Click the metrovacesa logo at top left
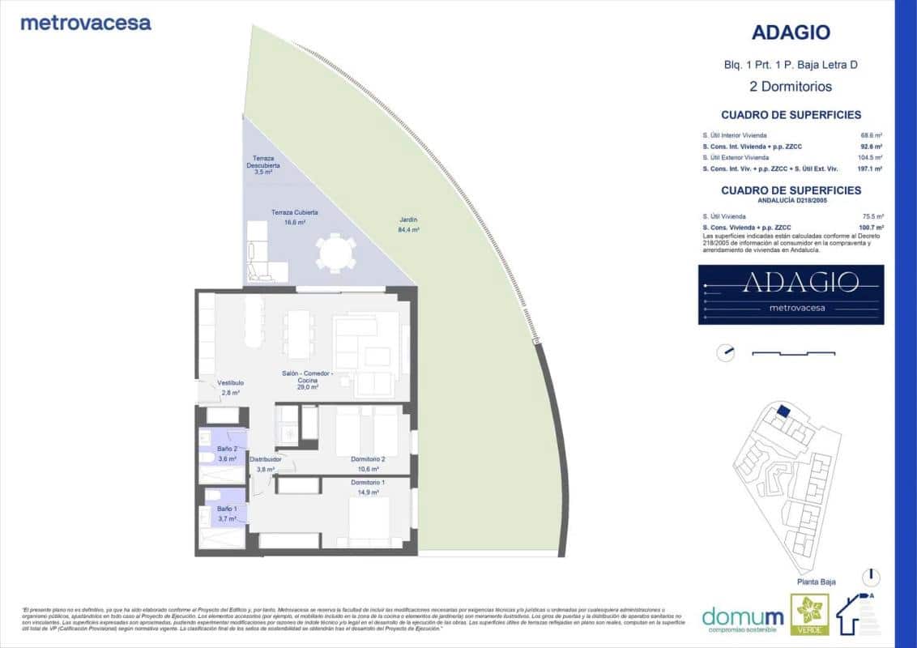tap(86, 23)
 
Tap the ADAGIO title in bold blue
tap(791, 32)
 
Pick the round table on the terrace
tap(335, 253)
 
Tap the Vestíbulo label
tap(231, 387)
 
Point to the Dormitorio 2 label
tap(368, 463)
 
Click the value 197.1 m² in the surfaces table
tap(871, 168)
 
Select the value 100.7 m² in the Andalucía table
tap(871, 228)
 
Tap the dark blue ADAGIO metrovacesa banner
tap(791, 295)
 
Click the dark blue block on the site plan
tap(783, 411)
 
